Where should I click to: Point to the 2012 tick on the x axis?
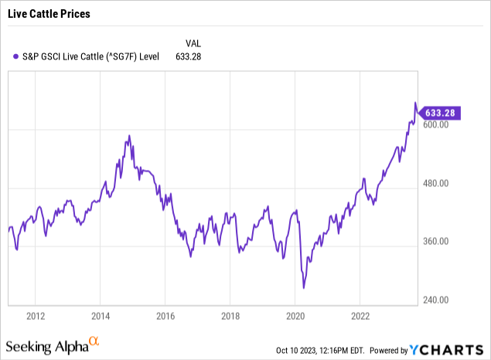click(x=35, y=316)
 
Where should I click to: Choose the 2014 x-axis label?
click(x=100, y=316)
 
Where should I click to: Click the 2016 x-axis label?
click(x=165, y=316)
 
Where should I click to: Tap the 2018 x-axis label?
click(x=230, y=316)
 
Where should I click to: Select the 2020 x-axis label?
click(x=295, y=316)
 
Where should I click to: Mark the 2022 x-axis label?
click(x=360, y=316)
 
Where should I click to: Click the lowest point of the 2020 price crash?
click(x=304, y=288)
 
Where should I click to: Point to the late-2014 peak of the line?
click(x=128, y=136)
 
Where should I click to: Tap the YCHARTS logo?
click(x=455, y=348)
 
